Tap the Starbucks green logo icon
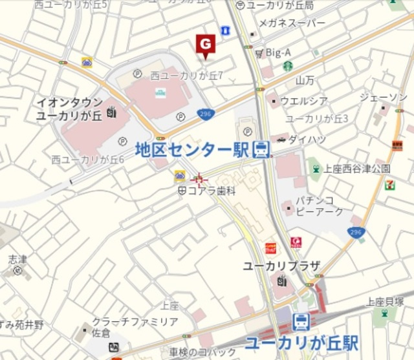(287, 66)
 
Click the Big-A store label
(278, 52)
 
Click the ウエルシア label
(304, 101)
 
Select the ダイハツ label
(301, 138)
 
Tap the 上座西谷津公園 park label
(356, 169)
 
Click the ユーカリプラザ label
(281, 266)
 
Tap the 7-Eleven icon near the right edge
(389, 185)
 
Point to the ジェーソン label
(383, 97)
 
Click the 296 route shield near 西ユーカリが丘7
(206, 114)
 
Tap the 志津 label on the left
(17, 259)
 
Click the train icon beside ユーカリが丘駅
(301, 321)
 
